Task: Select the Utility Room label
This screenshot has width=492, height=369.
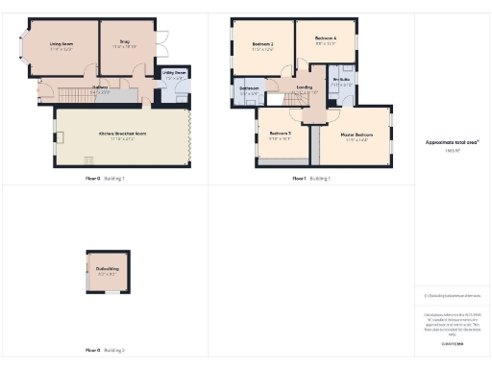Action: pos(174,74)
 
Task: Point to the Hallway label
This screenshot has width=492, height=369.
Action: pos(100,87)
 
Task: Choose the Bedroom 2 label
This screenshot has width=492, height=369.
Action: pos(263,45)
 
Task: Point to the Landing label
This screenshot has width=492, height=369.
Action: pos(304,87)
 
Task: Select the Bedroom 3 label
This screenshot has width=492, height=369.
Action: pos(280,134)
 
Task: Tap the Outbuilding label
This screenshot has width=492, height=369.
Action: pos(107,270)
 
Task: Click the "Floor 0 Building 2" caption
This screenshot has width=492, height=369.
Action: pos(105,350)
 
